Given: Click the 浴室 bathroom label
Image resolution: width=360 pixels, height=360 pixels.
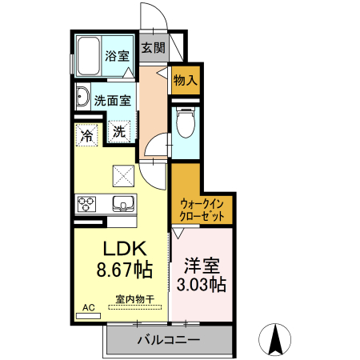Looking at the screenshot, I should click(x=117, y=56).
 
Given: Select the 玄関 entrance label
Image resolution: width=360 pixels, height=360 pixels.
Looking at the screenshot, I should click(x=153, y=47).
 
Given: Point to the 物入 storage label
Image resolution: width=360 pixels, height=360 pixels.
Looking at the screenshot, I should click(x=185, y=81).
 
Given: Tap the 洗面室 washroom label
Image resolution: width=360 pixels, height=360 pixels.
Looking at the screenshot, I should click(x=112, y=101).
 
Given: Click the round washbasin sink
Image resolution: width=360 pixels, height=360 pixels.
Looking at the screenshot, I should click(x=83, y=99).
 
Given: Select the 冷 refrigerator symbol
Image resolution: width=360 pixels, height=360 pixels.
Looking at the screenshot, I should click(x=86, y=134).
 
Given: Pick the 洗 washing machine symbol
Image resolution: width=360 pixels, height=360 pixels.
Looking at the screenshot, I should click(x=118, y=132).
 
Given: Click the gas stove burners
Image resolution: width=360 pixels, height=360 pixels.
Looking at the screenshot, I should click(x=86, y=204).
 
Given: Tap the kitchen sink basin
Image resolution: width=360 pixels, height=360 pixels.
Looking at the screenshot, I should click(x=122, y=203).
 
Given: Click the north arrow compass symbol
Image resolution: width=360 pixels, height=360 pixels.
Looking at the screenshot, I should click(x=276, y=339).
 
